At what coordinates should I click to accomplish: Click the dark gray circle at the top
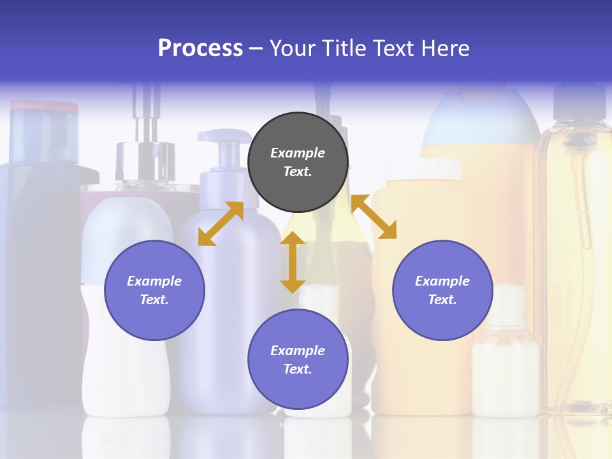(298, 163)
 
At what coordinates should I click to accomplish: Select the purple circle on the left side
(154, 290)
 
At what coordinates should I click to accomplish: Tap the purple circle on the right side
(442, 290)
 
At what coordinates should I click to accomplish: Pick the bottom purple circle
(298, 360)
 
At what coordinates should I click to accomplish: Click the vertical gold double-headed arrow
(293, 262)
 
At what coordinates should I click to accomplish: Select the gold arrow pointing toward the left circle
(221, 224)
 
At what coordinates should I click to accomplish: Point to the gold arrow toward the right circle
(374, 217)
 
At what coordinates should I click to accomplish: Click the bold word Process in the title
(200, 48)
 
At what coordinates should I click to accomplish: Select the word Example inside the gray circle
(298, 153)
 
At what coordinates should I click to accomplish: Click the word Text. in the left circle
(154, 300)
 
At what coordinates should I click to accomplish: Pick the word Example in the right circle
(442, 281)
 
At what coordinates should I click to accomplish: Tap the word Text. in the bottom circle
(298, 369)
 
